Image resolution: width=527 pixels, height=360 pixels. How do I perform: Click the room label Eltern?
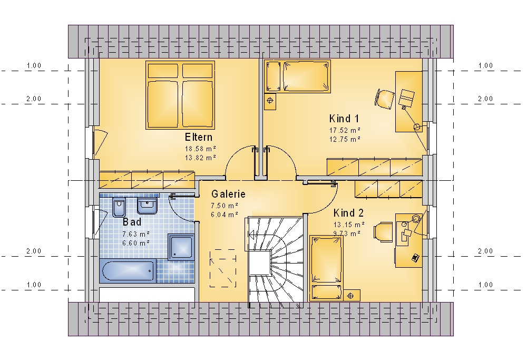(198, 137)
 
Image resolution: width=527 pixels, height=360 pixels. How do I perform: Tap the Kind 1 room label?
(344, 119)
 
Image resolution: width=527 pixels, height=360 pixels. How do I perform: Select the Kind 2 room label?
(348, 213)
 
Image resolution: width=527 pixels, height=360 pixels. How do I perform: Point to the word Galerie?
(228, 194)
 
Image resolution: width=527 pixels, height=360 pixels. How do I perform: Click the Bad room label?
(132, 222)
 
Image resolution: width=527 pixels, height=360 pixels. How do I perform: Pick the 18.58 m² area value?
(200, 149)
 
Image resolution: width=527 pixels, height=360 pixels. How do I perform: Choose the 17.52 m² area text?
(345, 130)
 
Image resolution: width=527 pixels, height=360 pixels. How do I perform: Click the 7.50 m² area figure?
(225, 206)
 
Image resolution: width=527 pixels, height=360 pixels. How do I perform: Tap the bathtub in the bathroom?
(128, 271)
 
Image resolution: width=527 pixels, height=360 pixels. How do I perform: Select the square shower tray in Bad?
(181, 247)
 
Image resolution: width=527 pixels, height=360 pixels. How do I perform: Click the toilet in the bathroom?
(119, 208)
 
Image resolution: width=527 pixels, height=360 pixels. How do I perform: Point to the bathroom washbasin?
(147, 206)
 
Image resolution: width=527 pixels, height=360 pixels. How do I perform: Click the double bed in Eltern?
(180, 95)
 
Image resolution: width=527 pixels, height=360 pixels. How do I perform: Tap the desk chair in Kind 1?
(385, 99)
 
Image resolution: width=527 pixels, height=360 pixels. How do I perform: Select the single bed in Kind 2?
(326, 268)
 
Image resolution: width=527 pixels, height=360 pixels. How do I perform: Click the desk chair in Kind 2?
(383, 232)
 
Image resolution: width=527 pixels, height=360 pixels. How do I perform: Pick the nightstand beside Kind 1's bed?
(270, 101)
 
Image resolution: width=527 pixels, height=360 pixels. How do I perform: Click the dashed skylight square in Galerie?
(223, 268)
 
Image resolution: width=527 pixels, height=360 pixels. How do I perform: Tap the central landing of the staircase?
(259, 263)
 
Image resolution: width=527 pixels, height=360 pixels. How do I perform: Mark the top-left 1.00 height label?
(34, 65)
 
